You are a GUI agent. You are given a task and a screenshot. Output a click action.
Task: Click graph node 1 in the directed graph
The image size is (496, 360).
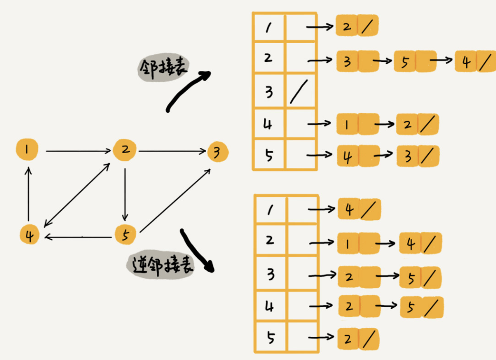[28, 150]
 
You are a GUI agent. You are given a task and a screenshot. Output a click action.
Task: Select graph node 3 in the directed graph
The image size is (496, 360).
[218, 153]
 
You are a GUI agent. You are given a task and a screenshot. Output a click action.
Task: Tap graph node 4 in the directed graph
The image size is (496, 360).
[30, 235]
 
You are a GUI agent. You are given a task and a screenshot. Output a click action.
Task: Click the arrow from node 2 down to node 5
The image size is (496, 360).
[125, 192]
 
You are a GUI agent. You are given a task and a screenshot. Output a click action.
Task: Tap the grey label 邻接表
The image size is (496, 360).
[158, 69]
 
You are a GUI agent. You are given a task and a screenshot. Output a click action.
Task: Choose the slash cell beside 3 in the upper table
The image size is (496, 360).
[300, 91]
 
